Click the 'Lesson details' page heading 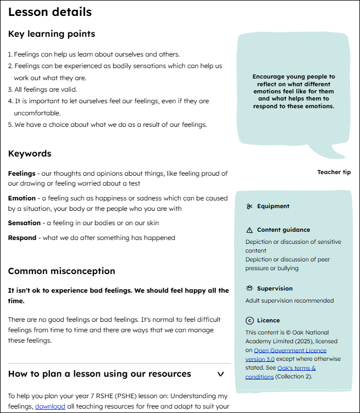50,12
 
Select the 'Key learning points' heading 52,34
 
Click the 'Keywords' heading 30,154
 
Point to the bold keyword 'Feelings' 21,174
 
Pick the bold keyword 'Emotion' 21,198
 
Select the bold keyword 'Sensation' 24,223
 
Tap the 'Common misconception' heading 62,271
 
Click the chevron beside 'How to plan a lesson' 220,374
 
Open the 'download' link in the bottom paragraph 51,406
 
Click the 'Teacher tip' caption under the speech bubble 334,172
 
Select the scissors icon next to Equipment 250,206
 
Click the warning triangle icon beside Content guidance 250,230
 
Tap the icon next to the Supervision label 250,288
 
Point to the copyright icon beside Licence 250,320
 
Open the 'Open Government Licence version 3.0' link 290,355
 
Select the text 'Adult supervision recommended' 289,300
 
